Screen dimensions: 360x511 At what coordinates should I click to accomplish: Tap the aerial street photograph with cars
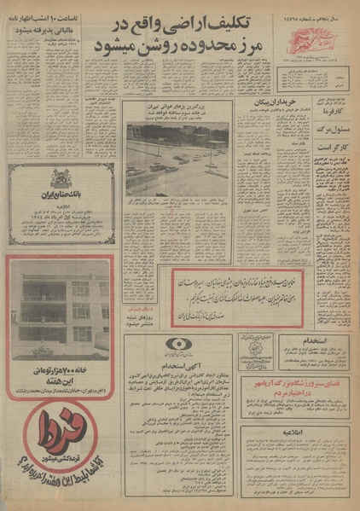click(177, 160)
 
